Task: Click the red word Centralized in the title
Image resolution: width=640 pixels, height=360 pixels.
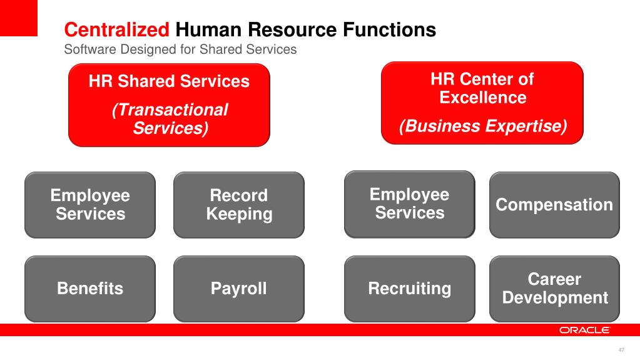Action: tap(117, 30)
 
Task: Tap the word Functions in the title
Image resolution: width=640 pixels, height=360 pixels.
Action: tap(389, 30)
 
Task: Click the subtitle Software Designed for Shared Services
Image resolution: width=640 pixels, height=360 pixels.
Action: tap(180, 49)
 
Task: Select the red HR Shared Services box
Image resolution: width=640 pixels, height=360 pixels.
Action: tap(169, 105)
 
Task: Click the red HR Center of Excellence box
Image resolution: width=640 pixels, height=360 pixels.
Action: tap(482, 103)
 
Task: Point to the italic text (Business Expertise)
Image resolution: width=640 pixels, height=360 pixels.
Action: tap(483, 126)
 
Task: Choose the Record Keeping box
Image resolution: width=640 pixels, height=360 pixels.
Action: tap(239, 205)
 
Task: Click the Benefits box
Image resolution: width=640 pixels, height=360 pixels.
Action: tap(90, 289)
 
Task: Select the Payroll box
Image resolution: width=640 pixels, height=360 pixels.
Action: tap(239, 289)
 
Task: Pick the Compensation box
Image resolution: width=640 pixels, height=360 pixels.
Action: tap(554, 205)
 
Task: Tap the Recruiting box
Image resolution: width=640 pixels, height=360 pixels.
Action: tap(409, 289)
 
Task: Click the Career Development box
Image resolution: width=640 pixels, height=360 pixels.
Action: tap(554, 289)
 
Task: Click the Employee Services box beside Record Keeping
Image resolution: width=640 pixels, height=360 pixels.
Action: tap(90, 205)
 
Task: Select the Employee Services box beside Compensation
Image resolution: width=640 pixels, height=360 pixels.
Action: tap(409, 204)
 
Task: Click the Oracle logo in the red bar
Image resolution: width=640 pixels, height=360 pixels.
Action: tap(584, 330)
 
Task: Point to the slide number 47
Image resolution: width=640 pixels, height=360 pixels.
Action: tap(621, 350)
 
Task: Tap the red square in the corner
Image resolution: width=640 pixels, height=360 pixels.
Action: tap(19, 18)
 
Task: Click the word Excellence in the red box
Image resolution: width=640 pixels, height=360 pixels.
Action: tap(483, 98)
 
